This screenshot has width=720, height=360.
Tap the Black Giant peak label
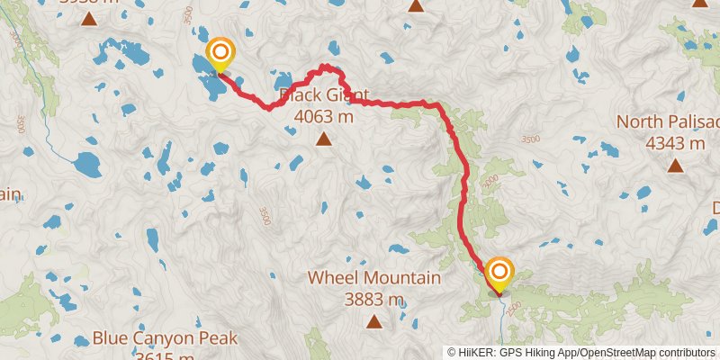(x=324, y=94)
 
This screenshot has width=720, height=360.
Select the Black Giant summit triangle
(x=324, y=139)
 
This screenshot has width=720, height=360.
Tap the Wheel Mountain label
(x=374, y=278)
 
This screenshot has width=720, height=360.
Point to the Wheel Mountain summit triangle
(x=374, y=321)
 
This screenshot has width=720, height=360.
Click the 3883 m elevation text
(x=374, y=299)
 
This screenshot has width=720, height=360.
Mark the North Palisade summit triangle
(x=675, y=165)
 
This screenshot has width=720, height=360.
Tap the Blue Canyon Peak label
(x=165, y=338)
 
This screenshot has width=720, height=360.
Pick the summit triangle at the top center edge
(x=416, y=5)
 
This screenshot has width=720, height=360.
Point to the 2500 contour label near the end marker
(x=515, y=309)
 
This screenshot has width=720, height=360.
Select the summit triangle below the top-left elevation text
(x=89, y=18)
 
